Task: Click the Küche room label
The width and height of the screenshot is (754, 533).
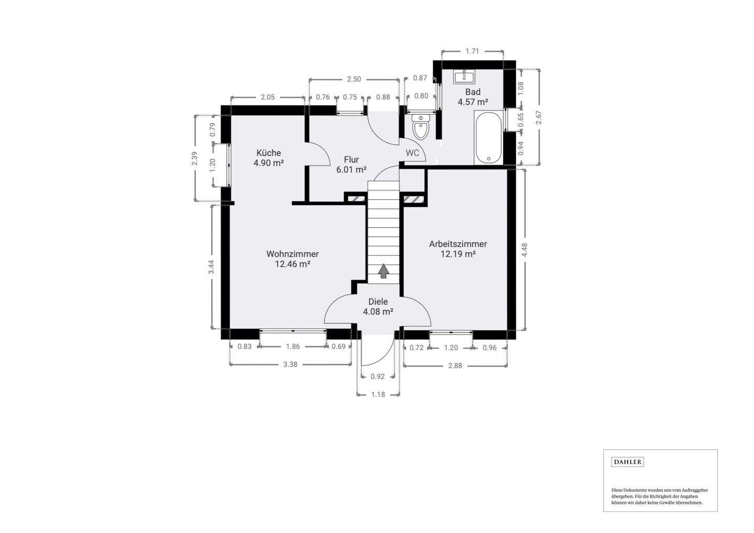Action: pyautogui.click(x=268, y=153)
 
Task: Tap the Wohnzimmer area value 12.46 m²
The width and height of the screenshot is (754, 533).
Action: pyautogui.click(x=292, y=264)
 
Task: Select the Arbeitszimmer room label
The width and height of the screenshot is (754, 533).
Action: pyautogui.click(x=458, y=244)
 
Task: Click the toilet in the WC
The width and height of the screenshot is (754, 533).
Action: pyautogui.click(x=420, y=127)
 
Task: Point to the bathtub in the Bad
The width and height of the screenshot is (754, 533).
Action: pyautogui.click(x=488, y=137)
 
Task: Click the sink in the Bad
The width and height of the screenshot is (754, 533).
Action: pyautogui.click(x=464, y=77)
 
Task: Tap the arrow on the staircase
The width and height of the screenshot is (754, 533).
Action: pyautogui.click(x=384, y=271)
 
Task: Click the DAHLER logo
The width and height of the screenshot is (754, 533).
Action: pyautogui.click(x=627, y=462)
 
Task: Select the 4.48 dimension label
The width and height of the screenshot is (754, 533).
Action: pyautogui.click(x=525, y=250)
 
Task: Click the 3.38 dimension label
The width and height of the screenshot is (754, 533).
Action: pyautogui.click(x=290, y=364)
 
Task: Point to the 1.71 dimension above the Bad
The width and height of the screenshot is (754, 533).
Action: pyautogui.click(x=472, y=51)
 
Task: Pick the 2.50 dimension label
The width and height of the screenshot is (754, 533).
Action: pyautogui.click(x=354, y=80)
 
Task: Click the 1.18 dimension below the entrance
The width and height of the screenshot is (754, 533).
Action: pyautogui.click(x=378, y=394)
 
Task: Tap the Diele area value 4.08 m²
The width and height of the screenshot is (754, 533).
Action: pyautogui.click(x=378, y=312)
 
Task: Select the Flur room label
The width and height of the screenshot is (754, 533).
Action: pyautogui.click(x=351, y=160)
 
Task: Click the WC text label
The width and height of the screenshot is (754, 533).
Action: pyautogui.click(x=413, y=153)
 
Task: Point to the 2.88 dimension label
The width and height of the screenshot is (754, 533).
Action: pyautogui.click(x=455, y=365)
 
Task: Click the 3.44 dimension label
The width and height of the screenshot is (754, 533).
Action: pyautogui.click(x=212, y=267)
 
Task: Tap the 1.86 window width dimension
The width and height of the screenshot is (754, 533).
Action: pyautogui.click(x=293, y=347)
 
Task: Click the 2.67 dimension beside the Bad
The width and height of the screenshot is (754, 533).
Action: pyautogui.click(x=538, y=117)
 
